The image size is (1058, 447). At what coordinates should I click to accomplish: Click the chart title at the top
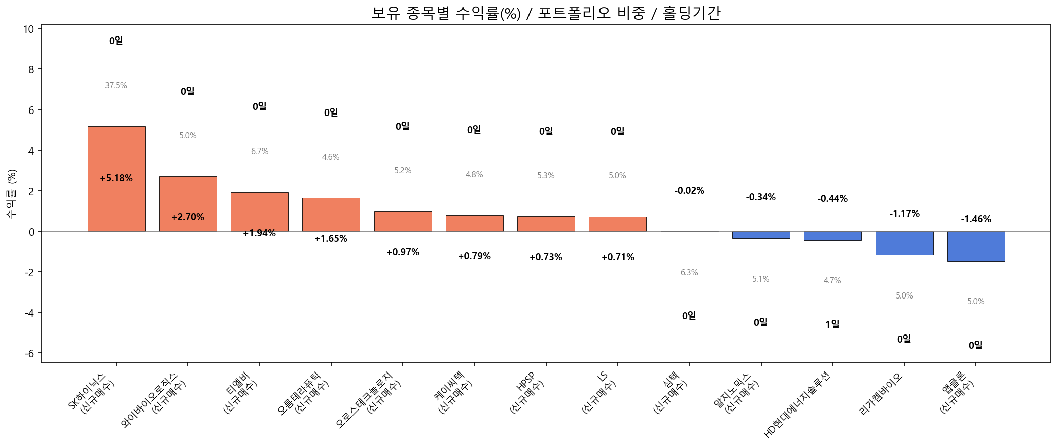[546, 13]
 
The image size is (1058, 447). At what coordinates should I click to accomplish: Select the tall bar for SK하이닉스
[116, 152]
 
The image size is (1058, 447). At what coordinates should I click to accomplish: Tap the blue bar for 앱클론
[975, 246]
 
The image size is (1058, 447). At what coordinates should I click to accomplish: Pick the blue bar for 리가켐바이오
[904, 243]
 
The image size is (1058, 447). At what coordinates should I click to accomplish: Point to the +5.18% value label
[116, 178]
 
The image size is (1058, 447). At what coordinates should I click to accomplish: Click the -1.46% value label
[975, 219]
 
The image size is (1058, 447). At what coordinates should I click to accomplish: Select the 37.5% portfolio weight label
[116, 86]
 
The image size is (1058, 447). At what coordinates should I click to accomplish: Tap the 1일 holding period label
[832, 324]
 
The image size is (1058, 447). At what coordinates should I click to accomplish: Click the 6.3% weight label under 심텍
[689, 273]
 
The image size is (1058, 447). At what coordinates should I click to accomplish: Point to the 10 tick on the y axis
[28, 29]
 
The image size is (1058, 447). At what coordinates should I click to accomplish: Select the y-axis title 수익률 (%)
[11, 194]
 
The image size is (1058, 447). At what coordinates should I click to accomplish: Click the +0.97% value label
[403, 252]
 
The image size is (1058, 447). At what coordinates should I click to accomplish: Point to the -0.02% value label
[689, 191]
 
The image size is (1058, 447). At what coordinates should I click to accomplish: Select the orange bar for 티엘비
[259, 212]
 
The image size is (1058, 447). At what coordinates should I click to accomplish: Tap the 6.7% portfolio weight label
[259, 152]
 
